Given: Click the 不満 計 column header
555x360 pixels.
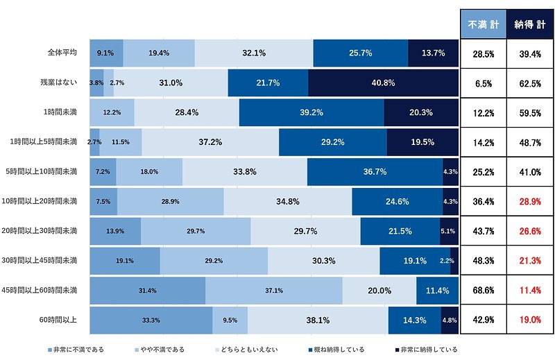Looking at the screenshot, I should pyautogui.click(x=483, y=24).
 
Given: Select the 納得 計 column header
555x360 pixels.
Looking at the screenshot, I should pyautogui.click(x=529, y=24).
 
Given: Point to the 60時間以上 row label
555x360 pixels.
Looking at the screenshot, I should pyautogui.click(x=60, y=320).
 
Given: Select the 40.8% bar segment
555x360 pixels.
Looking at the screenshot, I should pyautogui.click(x=383, y=83).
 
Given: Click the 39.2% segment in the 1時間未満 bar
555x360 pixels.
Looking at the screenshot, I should pyautogui.click(x=311, y=112).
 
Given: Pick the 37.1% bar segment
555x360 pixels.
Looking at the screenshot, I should pyautogui.click(x=274, y=291).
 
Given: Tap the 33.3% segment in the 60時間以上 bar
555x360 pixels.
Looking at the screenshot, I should pyautogui.click(x=151, y=320).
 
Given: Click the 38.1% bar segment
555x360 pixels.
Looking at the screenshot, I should pyautogui.click(x=317, y=320).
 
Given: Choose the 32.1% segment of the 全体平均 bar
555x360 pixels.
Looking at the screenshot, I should pyautogui.click(x=254, y=53).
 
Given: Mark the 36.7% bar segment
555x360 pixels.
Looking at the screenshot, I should pyautogui.click(x=375, y=171).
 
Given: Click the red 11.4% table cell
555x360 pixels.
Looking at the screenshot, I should pyautogui.click(x=529, y=291).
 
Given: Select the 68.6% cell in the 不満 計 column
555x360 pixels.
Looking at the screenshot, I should pyautogui.click(x=483, y=291).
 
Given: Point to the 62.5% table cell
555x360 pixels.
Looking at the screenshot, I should pyautogui.click(x=529, y=83).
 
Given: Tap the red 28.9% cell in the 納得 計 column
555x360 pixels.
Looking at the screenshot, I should pyautogui.click(x=529, y=201).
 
